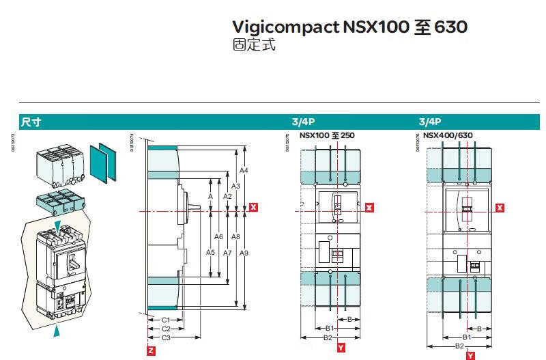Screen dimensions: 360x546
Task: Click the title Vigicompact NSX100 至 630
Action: point(349,28)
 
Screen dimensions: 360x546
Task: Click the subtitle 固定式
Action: point(255,46)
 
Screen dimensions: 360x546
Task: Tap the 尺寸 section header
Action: point(31,122)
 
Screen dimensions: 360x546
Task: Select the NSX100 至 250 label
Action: point(322,135)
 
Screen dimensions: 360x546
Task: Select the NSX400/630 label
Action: point(448,135)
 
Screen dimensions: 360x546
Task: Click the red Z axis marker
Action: point(151,350)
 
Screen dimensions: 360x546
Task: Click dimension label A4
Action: point(244,170)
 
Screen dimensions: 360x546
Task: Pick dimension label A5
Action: point(210,253)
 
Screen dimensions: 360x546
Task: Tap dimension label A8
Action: point(235,237)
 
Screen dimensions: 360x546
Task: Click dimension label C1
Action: point(165,320)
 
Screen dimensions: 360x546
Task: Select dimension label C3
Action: point(165,337)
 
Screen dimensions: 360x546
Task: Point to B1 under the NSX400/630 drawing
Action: point(468,337)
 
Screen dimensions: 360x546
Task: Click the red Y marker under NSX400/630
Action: point(470,356)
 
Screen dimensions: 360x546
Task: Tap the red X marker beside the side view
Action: point(253,206)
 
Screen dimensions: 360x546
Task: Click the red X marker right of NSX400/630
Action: point(500,208)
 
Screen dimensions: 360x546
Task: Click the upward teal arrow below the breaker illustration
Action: point(58,331)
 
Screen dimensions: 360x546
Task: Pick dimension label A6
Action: point(218,236)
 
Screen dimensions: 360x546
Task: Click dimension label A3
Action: point(235,186)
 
